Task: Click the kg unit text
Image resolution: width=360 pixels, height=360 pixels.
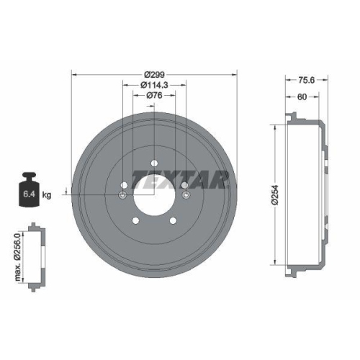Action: click(48, 195)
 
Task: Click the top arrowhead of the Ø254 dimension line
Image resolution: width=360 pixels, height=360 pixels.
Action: click(276, 122)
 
